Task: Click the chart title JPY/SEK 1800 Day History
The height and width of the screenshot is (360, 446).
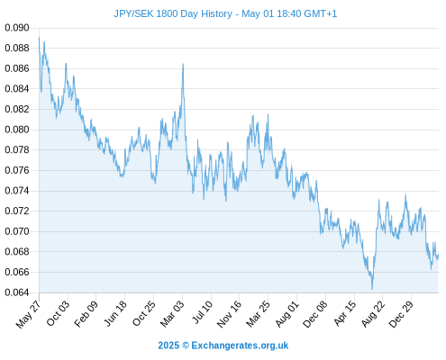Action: coord(173,13)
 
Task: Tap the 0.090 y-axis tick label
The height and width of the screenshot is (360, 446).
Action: coord(17,28)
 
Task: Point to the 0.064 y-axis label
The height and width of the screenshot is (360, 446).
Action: coord(17,292)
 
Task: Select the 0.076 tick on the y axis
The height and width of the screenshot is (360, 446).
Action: coord(17,170)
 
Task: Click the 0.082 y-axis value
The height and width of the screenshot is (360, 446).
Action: coord(17,109)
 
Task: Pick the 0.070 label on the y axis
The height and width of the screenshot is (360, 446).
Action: coord(17,231)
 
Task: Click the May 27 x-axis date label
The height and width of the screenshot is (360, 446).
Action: coord(29,313)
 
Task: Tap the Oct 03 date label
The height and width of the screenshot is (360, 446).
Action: coord(58,313)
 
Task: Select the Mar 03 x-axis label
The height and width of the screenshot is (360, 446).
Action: coord(171,313)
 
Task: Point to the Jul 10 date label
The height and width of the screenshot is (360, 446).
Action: coord(202,312)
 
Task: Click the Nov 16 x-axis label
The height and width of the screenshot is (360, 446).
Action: coord(229,313)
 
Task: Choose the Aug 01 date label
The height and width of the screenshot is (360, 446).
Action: coord(287,313)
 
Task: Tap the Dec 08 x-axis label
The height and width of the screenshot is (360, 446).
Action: coord(315,313)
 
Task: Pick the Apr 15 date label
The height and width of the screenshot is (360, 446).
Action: coord(345,313)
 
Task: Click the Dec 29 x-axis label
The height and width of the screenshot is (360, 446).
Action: coord(401,313)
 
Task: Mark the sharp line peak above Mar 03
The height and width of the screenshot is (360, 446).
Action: coord(183,64)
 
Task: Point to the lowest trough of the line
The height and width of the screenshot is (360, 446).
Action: coord(372,289)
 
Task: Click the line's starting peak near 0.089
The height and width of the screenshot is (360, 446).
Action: coord(39,38)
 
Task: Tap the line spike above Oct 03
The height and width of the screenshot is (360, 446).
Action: coord(66,64)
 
